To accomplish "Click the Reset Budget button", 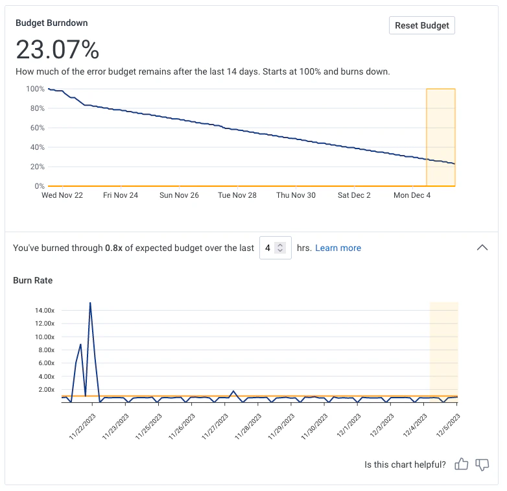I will (421, 25).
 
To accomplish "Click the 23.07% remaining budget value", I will (57, 50).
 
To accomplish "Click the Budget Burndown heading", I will (51, 23).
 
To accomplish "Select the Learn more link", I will (338, 248).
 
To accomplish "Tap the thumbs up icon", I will (461, 464).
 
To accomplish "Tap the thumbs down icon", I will (482, 464).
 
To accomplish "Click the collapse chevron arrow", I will (482, 247).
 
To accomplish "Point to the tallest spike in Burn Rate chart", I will (90, 303).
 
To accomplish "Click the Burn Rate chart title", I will (33, 281).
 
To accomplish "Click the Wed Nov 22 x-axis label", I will (62, 195).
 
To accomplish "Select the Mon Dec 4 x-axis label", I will (412, 195).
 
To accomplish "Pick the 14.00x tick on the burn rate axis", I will (45, 311).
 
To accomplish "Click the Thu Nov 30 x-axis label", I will (296, 195).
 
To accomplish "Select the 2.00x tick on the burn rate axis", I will (47, 390).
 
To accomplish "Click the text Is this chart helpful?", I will (405, 464).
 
